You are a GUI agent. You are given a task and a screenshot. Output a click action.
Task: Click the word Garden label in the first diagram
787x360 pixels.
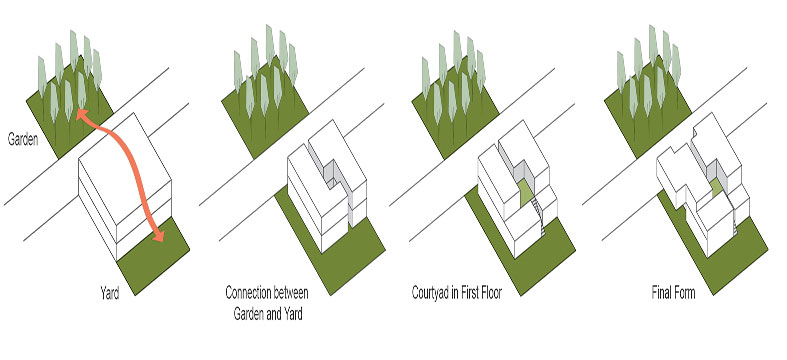tap(23, 139)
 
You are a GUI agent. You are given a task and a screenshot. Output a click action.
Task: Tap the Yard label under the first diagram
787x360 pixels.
tap(109, 293)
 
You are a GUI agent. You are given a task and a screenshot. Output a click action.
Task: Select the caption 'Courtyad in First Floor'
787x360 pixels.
tap(456, 293)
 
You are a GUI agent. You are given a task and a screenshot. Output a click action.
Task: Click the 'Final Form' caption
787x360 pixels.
tap(674, 293)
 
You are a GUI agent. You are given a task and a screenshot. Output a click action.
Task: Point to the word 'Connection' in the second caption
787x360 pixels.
tap(247, 292)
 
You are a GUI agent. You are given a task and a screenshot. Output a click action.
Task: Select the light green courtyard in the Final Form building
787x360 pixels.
tap(716, 188)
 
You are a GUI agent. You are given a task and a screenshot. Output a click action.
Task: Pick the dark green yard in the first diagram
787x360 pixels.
tap(153, 256)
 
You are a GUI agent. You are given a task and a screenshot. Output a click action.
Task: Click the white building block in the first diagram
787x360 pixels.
tap(125, 186)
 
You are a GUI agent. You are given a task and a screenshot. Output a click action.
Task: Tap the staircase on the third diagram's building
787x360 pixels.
tap(539, 216)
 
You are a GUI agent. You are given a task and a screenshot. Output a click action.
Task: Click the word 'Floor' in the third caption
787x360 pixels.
tap(489, 293)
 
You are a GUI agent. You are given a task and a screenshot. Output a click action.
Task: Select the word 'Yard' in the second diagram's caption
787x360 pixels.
tap(292, 315)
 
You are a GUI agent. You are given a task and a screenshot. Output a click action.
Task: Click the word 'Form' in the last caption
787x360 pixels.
tap(684, 293)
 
